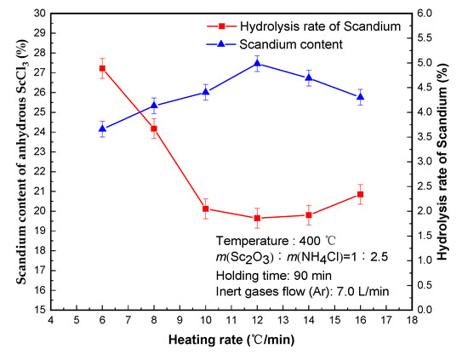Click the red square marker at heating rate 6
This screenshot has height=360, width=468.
coord(102,68)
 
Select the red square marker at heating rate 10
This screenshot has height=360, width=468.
coord(206,209)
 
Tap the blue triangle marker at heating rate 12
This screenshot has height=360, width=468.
coord(257,63)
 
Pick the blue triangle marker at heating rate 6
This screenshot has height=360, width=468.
coord(102,129)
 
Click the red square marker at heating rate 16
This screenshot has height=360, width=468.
coord(361,194)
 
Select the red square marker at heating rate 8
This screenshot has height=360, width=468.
coord(154,129)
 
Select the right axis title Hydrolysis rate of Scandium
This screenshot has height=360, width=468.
coord(452,162)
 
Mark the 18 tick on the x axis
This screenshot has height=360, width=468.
coord(412,321)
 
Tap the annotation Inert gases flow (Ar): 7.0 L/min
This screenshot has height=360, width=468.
coord(302,292)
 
